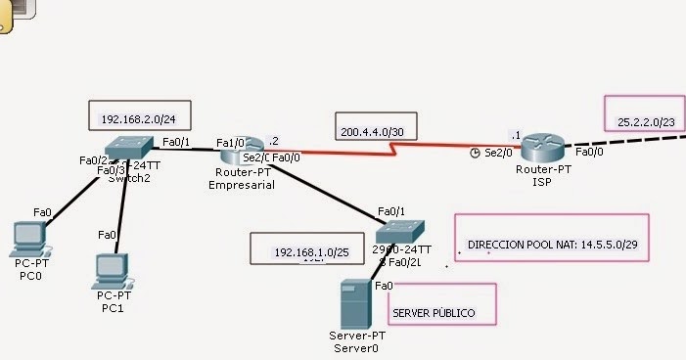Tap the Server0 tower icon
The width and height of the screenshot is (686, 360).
[354, 304]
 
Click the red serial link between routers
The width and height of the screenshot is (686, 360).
[391, 149]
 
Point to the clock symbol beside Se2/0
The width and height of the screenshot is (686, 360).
[475, 153]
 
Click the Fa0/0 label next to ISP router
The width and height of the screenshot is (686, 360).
[589, 152]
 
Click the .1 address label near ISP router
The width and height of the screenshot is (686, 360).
[515, 135]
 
